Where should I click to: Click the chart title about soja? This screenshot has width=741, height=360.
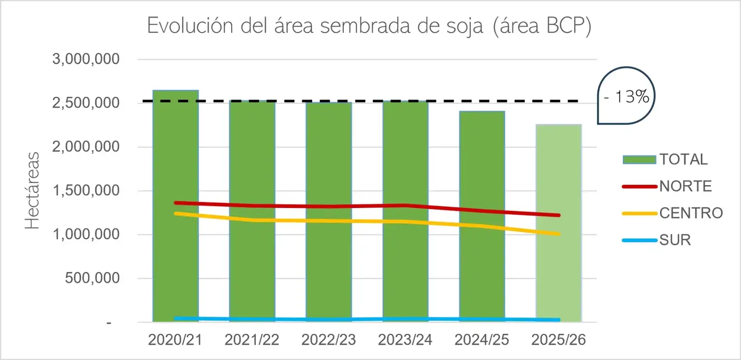[x=369, y=26]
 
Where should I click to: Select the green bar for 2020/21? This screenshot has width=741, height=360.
[x=176, y=205]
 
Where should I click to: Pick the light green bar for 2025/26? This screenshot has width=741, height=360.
[x=559, y=223]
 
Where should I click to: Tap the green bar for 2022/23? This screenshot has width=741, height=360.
[x=329, y=212]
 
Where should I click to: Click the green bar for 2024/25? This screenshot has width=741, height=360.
[x=482, y=216]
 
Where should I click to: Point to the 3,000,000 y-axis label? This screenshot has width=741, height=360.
[x=86, y=59]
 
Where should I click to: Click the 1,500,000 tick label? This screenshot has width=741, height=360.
[x=86, y=191]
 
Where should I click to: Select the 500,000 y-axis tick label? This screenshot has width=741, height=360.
[x=92, y=278]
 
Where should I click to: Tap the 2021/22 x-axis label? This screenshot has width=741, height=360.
[x=252, y=340]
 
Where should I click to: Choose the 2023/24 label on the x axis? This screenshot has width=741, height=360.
[x=405, y=340]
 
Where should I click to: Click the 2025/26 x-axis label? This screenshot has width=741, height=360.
[x=559, y=340]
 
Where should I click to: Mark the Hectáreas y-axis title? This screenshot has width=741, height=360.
[x=33, y=191]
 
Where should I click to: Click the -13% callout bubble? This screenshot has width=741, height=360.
[x=626, y=96]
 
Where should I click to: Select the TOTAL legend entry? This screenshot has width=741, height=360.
[x=665, y=160]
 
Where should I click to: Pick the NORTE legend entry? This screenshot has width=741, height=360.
[x=667, y=187]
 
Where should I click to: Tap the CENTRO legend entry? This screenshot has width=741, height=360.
[x=673, y=213]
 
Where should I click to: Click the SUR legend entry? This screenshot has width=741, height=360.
[x=657, y=240]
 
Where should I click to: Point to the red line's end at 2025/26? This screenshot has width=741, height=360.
[x=559, y=215]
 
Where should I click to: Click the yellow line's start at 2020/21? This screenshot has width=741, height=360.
[x=176, y=213]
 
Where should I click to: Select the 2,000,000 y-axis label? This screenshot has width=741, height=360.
[x=86, y=147]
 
